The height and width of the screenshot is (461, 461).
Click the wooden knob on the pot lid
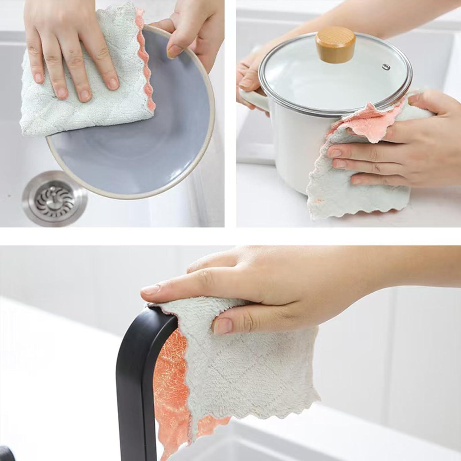[336, 47]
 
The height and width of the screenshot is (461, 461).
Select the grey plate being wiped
[129, 154]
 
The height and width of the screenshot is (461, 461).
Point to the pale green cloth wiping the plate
[46, 101]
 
